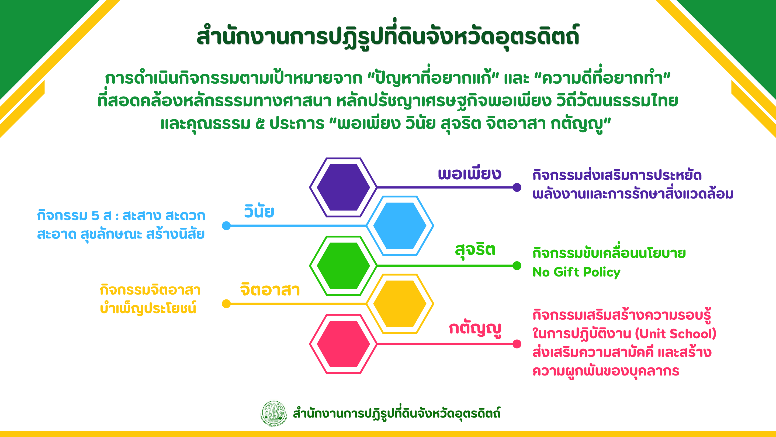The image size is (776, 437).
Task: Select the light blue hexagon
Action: tap(400, 226)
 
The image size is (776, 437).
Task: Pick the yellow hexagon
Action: tap(400, 304)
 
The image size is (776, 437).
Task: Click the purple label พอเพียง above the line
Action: tap(469, 174)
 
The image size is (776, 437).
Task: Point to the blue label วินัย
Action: tap(259, 211)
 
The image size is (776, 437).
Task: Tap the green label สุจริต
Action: tap(475, 250)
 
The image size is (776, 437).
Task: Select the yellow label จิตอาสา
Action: tap(270, 289)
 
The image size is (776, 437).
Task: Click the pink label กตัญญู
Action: tap(475, 329)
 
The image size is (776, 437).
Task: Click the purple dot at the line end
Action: tap(517, 187)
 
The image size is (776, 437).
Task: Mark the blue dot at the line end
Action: tap(226, 226)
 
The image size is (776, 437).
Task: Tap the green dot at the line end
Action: tap(517, 265)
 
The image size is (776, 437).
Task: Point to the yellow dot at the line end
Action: tap(226, 304)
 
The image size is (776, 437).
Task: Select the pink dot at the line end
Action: tap(517, 344)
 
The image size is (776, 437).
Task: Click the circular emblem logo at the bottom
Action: tap(273, 413)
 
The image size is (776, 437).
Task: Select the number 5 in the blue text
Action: tap(95, 216)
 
